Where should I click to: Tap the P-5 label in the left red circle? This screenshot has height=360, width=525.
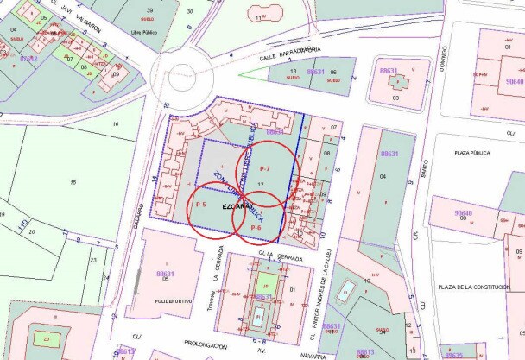click(200, 204)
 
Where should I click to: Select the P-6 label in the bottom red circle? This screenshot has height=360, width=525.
click(256, 227)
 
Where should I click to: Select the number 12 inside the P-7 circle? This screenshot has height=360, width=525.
click(260, 185)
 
